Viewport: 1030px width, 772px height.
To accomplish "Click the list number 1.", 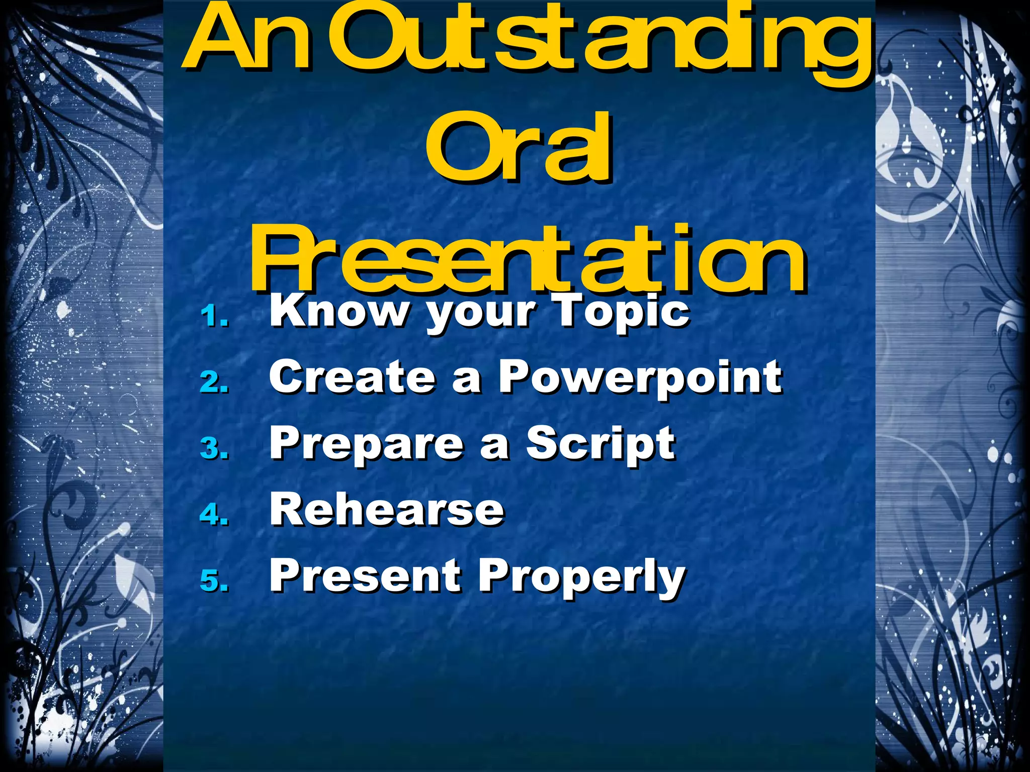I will tap(214, 318).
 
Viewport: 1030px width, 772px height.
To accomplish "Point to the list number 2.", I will tap(214, 383).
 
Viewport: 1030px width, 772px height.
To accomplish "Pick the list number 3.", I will tap(214, 449).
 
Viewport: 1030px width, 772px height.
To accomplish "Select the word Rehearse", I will tap(386, 510).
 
